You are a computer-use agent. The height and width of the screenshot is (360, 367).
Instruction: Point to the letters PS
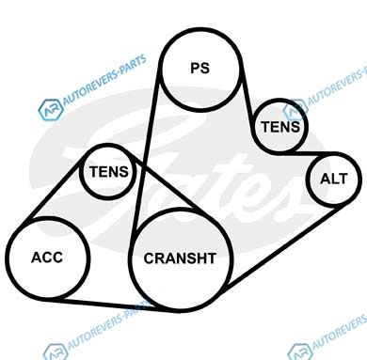click(x=200, y=68)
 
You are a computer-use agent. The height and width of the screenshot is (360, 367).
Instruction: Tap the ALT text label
click(x=334, y=179)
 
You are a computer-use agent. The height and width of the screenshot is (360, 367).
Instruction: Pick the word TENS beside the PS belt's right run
click(x=280, y=127)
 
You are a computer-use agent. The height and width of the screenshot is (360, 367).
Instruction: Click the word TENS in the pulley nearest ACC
click(x=109, y=172)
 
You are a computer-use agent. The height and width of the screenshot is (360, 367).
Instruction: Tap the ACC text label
click(x=47, y=258)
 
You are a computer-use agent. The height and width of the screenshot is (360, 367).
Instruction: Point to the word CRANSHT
click(x=180, y=258)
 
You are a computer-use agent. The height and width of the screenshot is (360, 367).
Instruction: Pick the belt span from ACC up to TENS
click(x=51, y=192)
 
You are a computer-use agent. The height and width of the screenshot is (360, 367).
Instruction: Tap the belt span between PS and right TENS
click(x=247, y=103)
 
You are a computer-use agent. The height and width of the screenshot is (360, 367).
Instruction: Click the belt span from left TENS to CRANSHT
click(x=167, y=184)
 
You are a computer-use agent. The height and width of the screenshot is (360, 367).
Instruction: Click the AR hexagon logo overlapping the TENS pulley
click(x=295, y=110)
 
